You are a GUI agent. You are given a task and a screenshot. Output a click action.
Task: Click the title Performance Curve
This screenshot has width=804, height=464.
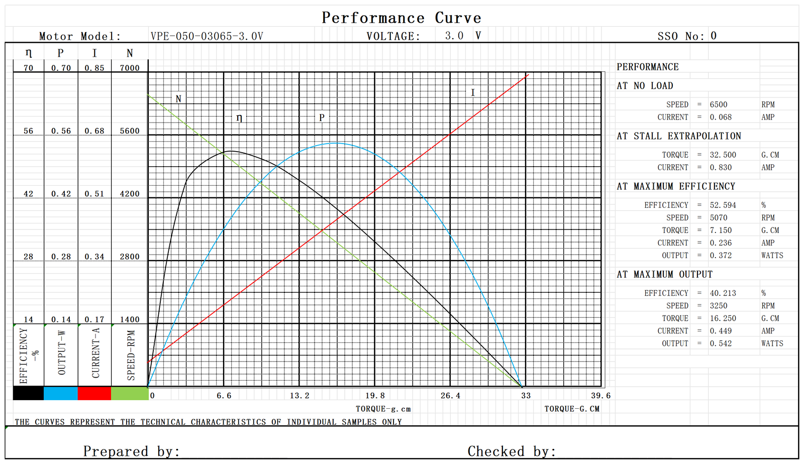(x=401, y=18)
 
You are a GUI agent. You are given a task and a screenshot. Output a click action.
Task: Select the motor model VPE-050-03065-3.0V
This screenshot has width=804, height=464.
(x=207, y=36)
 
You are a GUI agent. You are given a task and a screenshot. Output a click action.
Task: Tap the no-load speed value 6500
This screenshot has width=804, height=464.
(x=718, y=104)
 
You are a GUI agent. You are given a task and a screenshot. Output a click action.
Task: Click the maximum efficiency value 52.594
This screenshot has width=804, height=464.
(x=723, y=205)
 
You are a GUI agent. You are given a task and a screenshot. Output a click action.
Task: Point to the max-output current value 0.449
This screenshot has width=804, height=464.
(x=721, y=331)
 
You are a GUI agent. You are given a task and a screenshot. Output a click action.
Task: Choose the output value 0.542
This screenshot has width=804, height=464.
(x=721, y=343)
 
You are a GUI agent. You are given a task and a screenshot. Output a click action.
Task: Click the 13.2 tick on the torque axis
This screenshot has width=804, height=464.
(x=299, y=396)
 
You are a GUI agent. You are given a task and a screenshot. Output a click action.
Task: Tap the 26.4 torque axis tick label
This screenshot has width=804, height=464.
(x=450, y=396)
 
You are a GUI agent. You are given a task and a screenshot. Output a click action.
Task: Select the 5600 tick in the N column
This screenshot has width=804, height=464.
(x=130, y=131)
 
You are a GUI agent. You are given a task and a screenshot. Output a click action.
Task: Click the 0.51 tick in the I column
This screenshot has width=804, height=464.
(x=94, y=194)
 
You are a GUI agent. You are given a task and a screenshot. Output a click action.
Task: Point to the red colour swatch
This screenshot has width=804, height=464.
(x=94, y=393)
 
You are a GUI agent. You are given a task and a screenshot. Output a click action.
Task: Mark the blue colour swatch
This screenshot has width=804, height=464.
(x=61, y=393)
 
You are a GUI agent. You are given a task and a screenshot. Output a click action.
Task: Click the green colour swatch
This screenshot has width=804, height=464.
(x=130, y=393)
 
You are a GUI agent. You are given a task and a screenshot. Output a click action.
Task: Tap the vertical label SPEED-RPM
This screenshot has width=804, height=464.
(x=131, y=355)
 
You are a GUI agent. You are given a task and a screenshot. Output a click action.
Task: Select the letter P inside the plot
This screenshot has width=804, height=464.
(x=322, y=118)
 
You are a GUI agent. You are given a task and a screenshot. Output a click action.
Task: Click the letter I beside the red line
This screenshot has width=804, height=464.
(x=472, y=92)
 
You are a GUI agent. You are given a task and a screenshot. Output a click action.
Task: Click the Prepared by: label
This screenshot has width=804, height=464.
(x=131, y=451)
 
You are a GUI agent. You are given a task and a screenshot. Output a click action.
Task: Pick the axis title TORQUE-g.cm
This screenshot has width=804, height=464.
(x=383, y=409)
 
